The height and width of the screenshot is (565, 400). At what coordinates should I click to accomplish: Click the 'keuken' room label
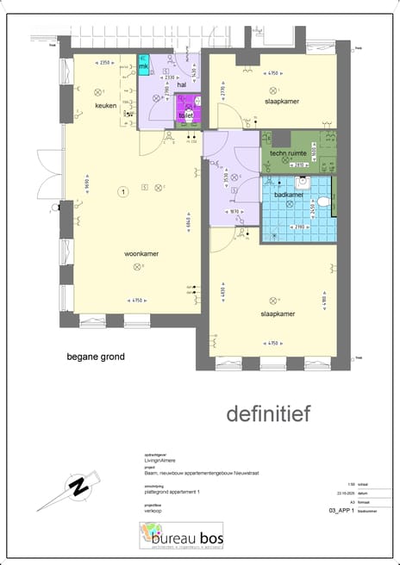point(107,105)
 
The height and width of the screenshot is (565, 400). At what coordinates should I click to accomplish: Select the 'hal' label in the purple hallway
point(182,85)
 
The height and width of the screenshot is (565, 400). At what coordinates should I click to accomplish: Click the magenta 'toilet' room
point(187,114)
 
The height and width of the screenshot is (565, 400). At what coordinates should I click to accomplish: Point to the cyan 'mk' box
point(144,66)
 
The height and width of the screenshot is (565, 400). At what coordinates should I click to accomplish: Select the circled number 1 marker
point(123,191)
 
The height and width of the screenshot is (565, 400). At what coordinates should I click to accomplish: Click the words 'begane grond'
point(96,357)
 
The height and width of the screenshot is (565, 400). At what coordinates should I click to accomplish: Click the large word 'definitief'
point(268,414)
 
